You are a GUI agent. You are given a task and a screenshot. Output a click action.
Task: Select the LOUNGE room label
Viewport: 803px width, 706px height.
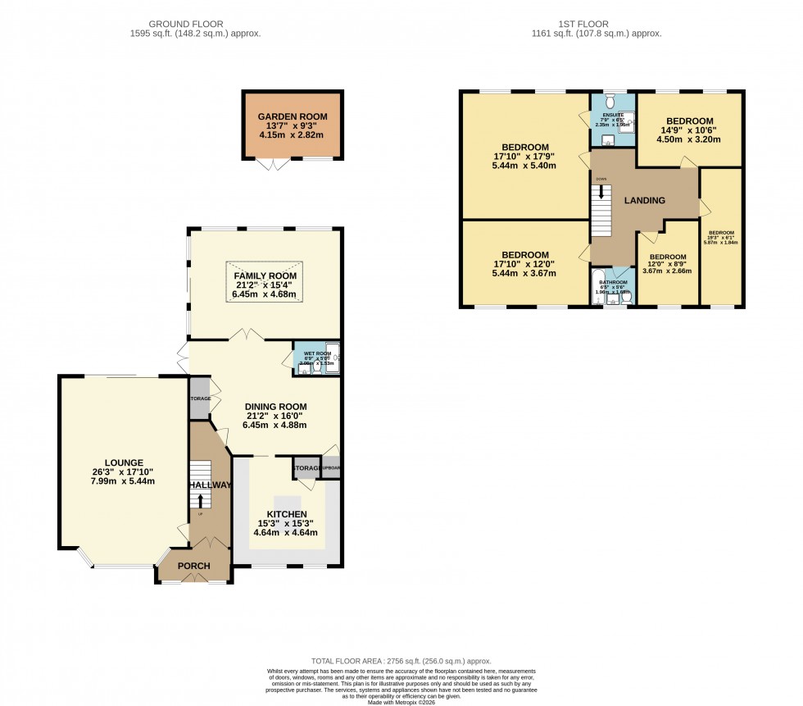(124, 462)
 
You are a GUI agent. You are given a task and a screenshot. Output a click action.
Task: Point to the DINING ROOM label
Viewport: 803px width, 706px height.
(276, 406)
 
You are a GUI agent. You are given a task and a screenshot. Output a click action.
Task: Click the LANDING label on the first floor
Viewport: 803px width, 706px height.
(644, 200)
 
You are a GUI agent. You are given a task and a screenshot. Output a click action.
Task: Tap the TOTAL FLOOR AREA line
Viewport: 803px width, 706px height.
(401, 661)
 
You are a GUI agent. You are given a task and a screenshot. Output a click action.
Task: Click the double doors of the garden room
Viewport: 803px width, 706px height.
(272, 164)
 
